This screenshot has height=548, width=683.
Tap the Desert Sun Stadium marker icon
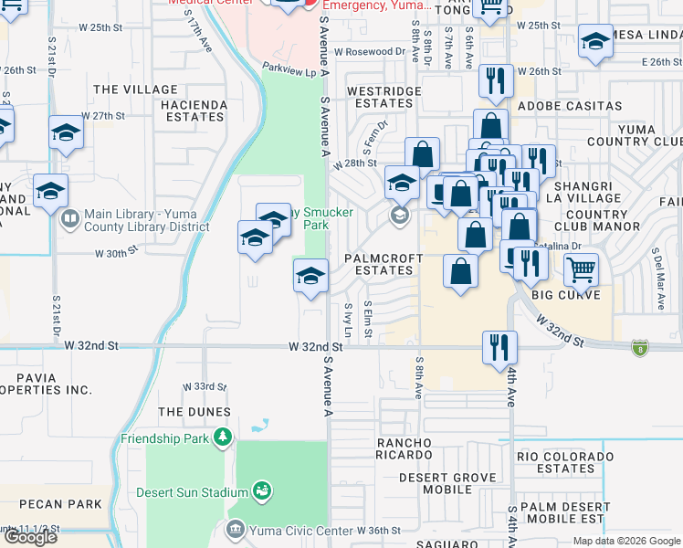coord(262,492)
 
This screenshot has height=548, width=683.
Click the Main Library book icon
coord(69,219)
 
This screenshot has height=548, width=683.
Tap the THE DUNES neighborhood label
coord(194,412)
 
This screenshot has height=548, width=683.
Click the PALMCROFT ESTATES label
coord(383,264)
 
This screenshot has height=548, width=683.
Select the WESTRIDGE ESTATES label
coord(383,97)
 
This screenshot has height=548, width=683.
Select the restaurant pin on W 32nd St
coord(499,347)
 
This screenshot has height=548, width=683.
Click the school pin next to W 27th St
coord(67,133)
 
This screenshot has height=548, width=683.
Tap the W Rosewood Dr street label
coord(369,52)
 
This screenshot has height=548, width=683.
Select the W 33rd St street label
coord(203,386)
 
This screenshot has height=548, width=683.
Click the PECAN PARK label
coord(59,504)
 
